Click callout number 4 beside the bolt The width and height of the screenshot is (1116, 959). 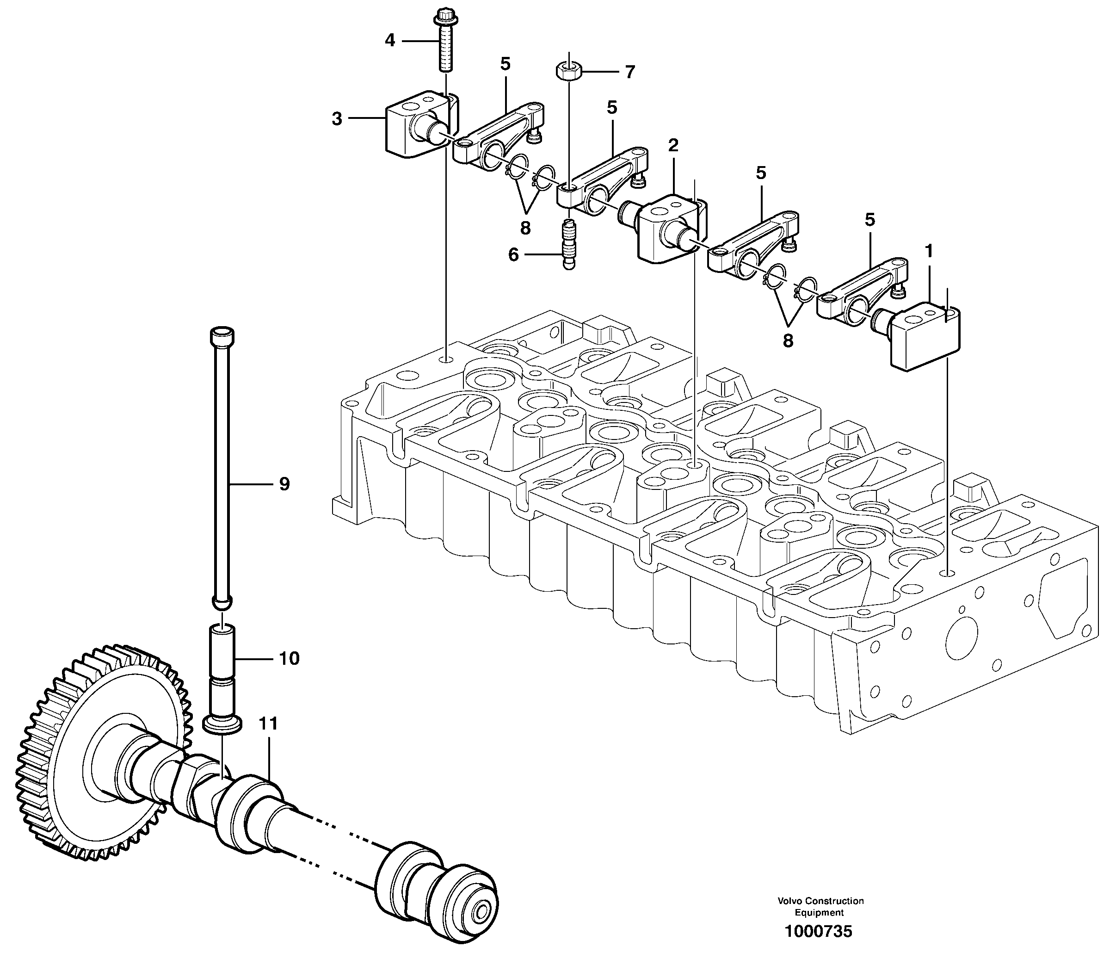[x=390, y=40]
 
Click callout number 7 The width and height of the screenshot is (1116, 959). [x=629, y=72]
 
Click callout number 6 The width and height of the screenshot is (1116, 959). [x=513, y=254]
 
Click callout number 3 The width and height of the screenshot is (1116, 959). [x=337, y=118]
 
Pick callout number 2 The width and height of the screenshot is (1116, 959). [x=673, y=145]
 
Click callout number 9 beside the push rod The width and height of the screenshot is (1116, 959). [x=284, y=484]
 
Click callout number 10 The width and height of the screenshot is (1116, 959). [x=289, y=658]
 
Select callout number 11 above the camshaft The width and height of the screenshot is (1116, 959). [x=268, y=723]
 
